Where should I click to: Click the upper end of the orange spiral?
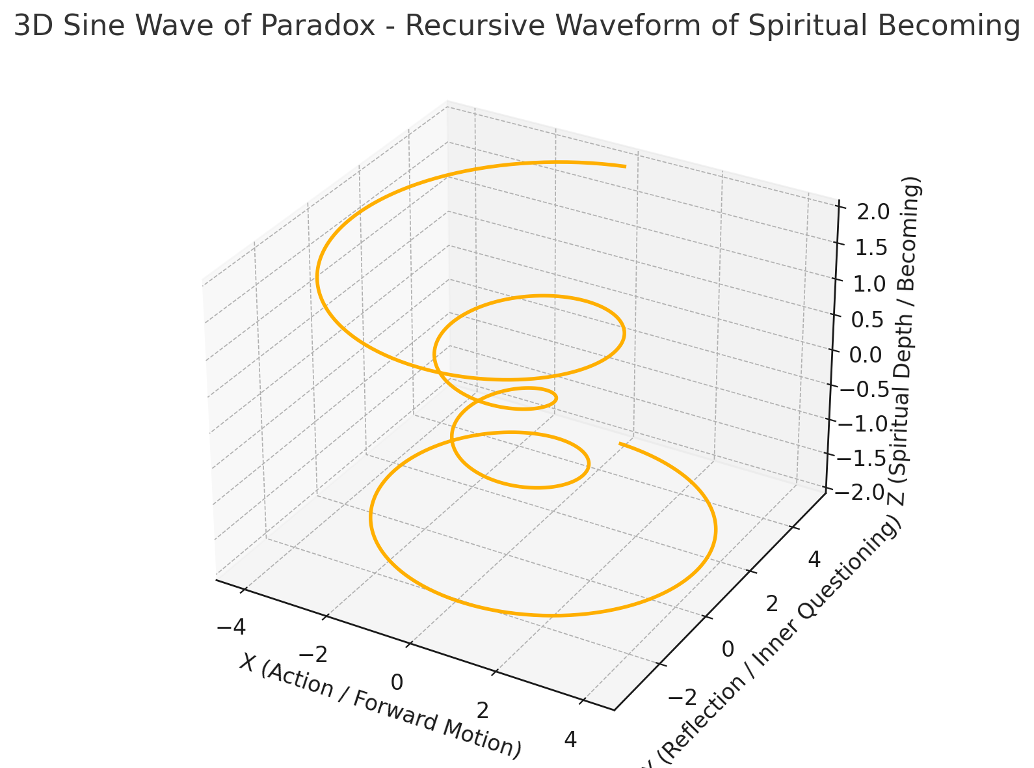coord(625,167)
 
